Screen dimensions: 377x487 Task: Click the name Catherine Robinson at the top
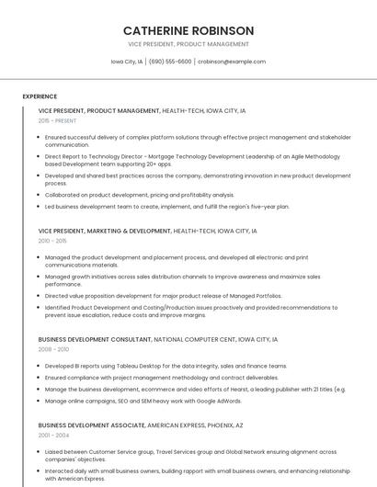point(188,30)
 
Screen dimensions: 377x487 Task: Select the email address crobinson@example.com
point(232,62)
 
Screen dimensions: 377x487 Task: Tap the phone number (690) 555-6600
point(170,62)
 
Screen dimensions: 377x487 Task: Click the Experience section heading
point(40,96)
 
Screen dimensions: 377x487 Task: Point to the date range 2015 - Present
point(57,120)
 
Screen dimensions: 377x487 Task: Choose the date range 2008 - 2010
point(54,349)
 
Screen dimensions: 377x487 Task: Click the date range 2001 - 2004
point(54,435)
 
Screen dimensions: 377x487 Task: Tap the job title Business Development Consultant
point(95,340)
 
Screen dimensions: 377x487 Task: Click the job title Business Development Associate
point(91,425)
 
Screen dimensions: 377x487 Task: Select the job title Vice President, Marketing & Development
point(105,231)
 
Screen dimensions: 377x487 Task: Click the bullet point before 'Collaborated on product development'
point(39,195)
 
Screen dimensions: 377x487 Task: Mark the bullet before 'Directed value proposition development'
point(39,296)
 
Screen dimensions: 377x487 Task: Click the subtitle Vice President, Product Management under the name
point(188,44)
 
